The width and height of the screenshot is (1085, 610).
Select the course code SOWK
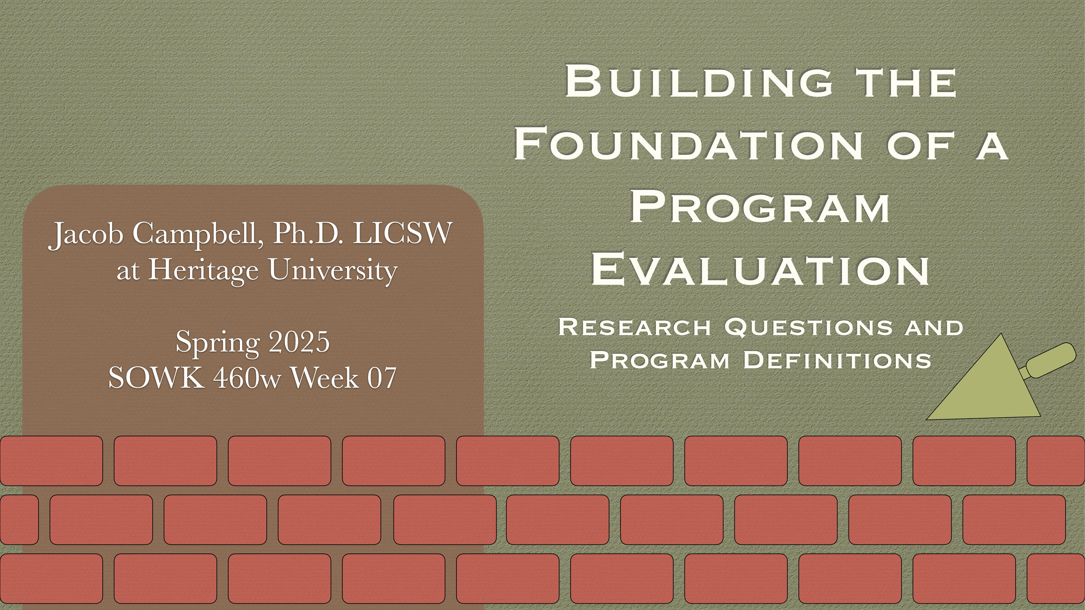tap(156, 378)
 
